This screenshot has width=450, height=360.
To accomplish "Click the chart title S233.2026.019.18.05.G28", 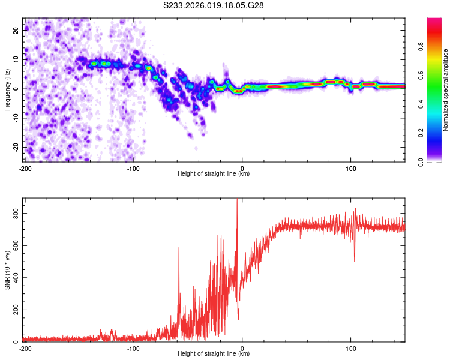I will pyautogui.click(x=214, y=5).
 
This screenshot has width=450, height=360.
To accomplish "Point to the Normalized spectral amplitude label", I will pyautogui.click(x=445, y=90).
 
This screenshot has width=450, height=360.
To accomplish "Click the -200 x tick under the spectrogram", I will pyautogui.click(x=25, y=169).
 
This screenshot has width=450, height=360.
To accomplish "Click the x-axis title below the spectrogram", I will pyautogui.click(x=214, y=174).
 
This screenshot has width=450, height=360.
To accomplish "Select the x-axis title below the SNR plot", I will pyautogui.click(x=214, y=354).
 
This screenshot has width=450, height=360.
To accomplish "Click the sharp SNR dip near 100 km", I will pyautogui.click(x=355, y=260).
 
